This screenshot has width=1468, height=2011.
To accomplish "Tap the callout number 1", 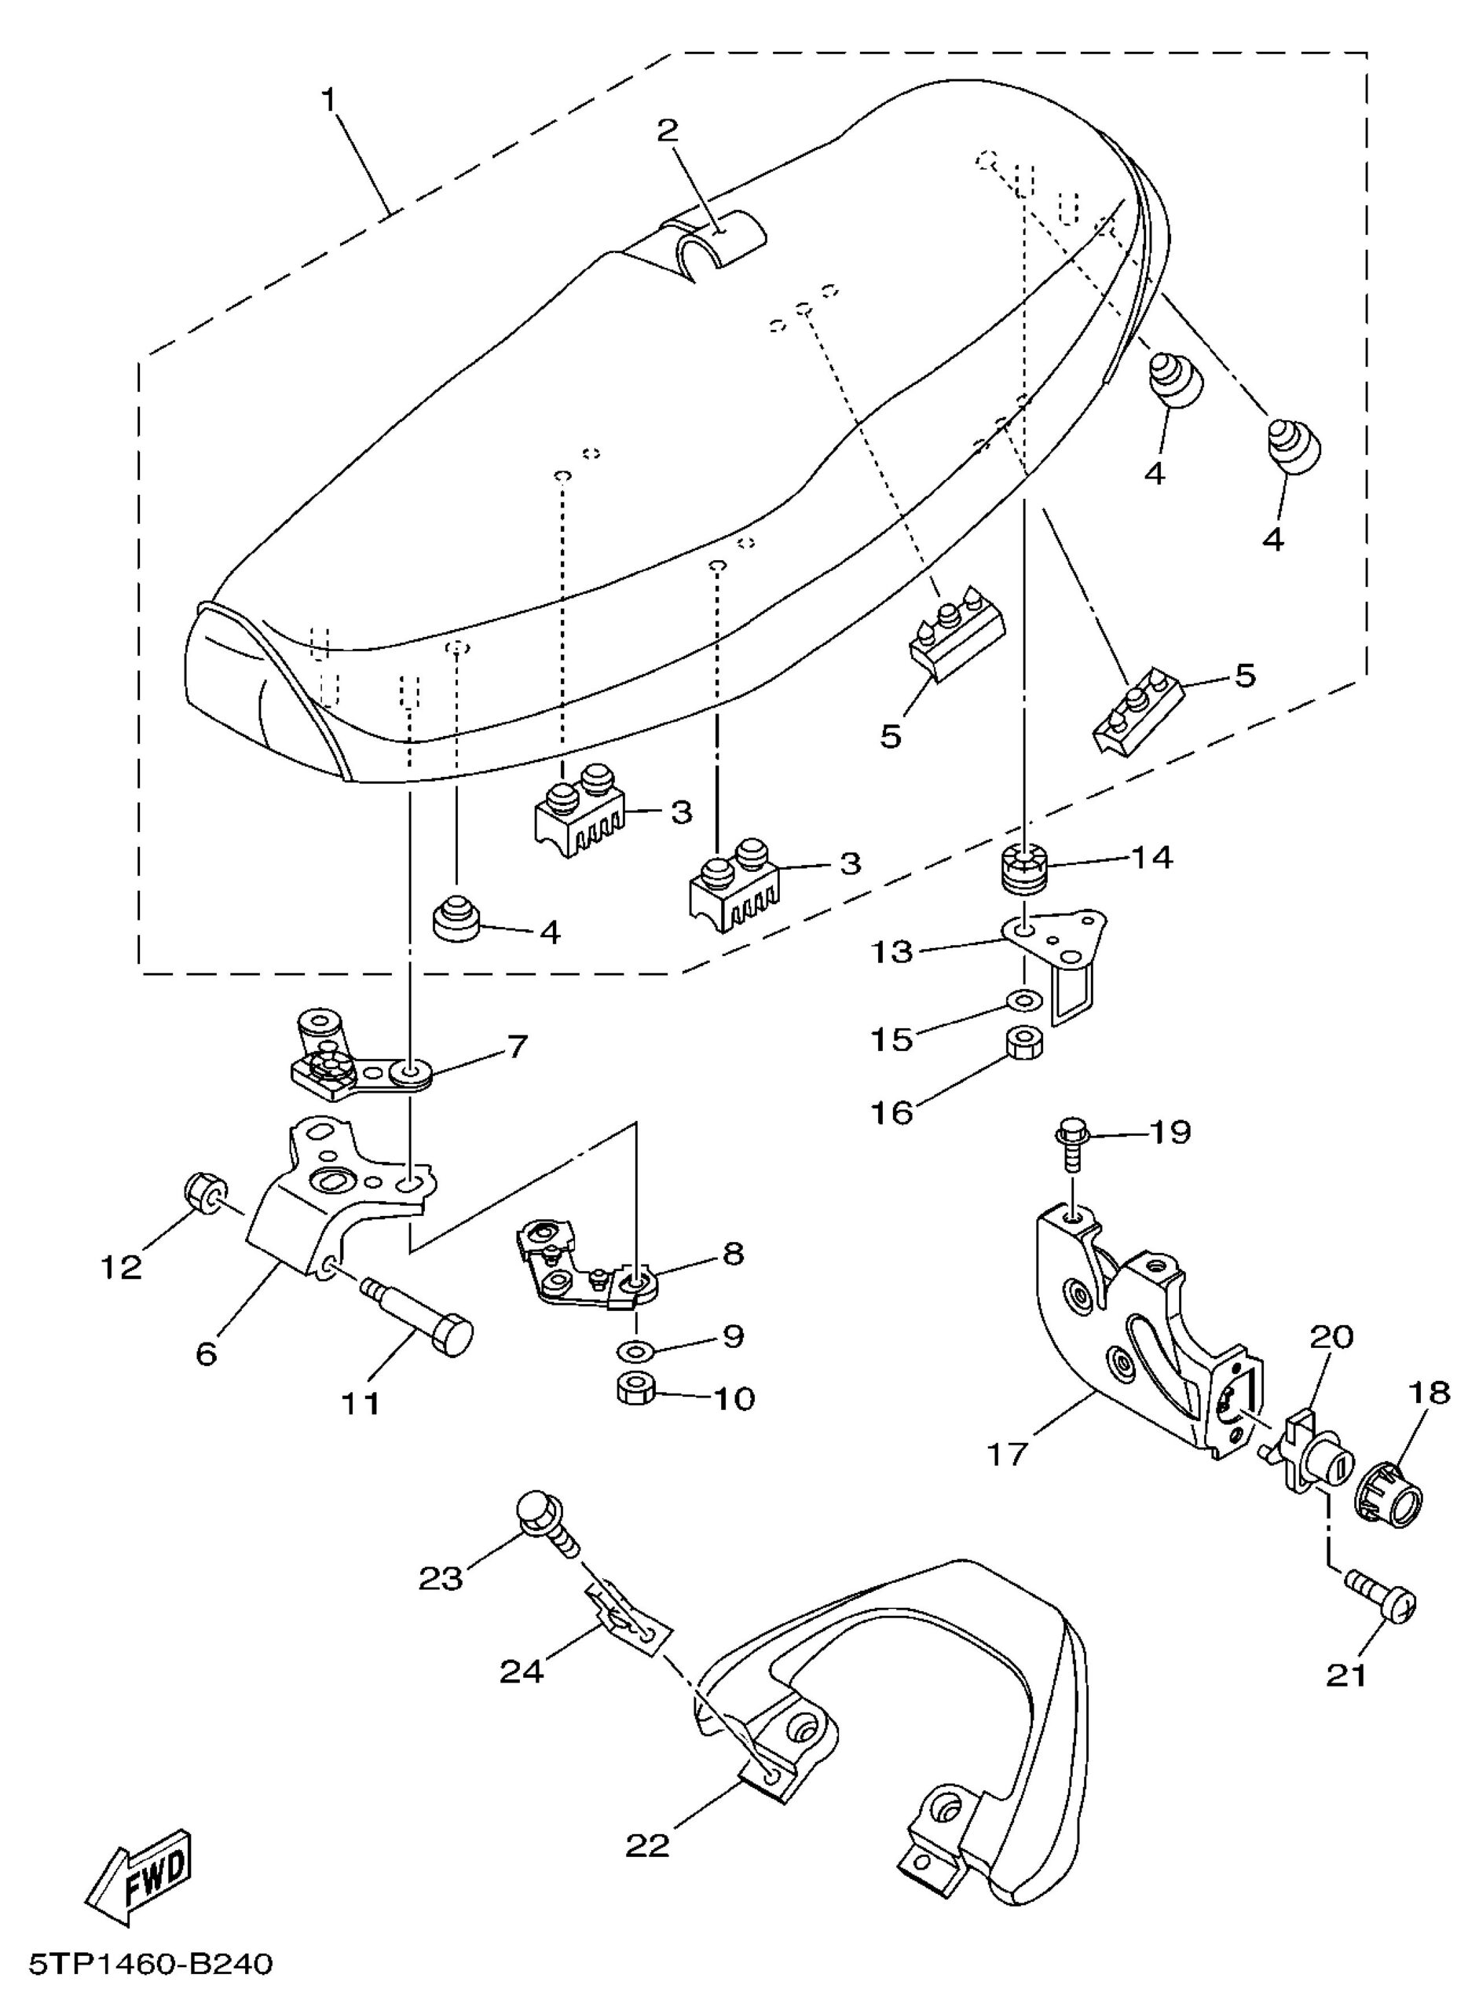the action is [x=329, y=101].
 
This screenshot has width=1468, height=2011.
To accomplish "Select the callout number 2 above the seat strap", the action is [x=668, y=130].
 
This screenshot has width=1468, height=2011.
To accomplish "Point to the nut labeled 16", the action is [x=1026, y=1044].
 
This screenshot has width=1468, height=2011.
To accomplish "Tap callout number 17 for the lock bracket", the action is [x=1006, y=1454].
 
